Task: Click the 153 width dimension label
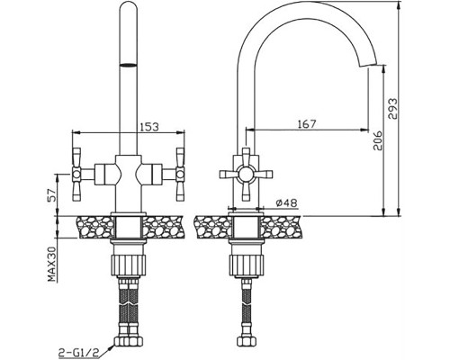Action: tap(149, 127)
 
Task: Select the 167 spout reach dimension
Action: tap(307, 124)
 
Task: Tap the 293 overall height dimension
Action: tap(392, 109)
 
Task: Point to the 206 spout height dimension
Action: tap(377, 140)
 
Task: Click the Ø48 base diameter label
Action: tap(286, 203)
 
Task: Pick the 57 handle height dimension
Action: tap(52, 195)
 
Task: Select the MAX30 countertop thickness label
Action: tap(52, 264)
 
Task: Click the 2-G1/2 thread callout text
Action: tap(78, 351)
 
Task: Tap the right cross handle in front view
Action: tap(180, 174)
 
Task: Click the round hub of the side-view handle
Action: tap(246, 175)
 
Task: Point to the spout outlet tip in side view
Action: tap(367, 65)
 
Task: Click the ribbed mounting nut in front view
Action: tap(129, 265)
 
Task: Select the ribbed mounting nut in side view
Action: tap(246, 265)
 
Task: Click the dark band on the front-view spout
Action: tap(129, 65)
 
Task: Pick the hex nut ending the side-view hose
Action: tap(246, 341)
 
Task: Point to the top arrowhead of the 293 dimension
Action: tap(399, 4)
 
